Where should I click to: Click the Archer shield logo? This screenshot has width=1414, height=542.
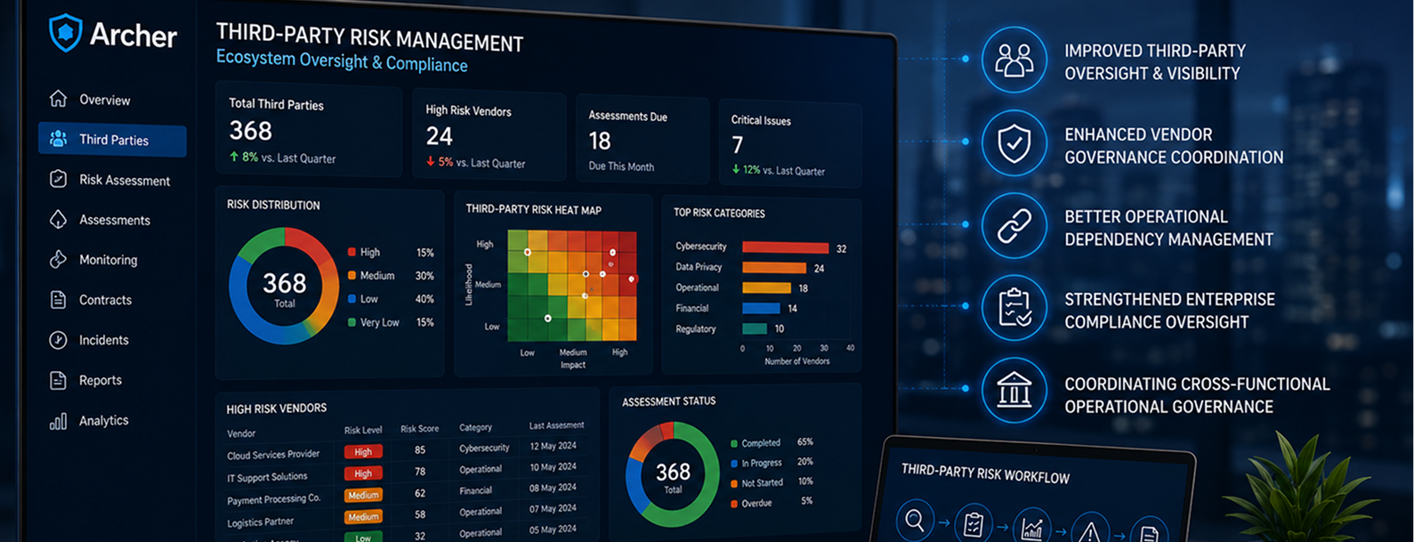(66, 33)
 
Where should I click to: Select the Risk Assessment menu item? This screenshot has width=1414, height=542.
(109, 180)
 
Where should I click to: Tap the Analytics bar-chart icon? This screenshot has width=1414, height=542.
(58, 422)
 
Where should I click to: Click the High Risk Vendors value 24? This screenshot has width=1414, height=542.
(440, 136)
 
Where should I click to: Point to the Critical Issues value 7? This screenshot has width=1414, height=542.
(738, 145)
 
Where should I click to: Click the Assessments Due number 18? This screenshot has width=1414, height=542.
(600, 141)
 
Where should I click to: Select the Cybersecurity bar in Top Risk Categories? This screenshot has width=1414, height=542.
(785, 247)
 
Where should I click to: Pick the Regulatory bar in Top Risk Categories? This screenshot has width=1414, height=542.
(755, 328)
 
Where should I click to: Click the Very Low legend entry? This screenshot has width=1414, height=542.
(374, 322)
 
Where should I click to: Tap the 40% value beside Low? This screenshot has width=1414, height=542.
(424, 299)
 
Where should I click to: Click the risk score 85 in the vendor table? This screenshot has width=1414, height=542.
(420, 449)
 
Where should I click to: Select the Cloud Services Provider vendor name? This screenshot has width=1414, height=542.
(273, 455)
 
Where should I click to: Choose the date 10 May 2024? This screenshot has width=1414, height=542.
(553, 467)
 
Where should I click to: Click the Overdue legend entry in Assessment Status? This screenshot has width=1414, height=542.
(751, 503)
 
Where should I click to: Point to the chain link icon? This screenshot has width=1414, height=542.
(1014, 226)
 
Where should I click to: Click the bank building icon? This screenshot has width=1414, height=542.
(1014, 389)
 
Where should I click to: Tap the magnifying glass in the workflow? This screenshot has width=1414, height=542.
(915, 521)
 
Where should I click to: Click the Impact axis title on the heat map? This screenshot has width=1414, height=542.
(572, 365)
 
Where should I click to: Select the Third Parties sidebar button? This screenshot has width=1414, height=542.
(112, 140)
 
